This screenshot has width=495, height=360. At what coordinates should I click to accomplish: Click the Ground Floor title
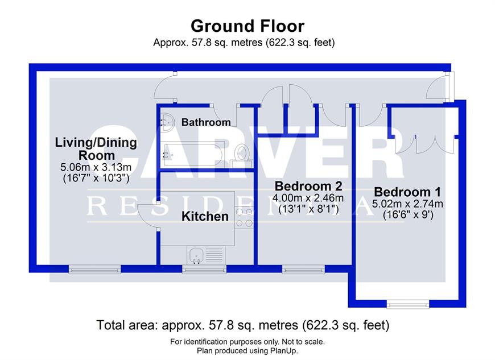click(x=247, y=26)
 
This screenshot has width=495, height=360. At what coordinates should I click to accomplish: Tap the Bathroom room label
click(x=206, y=122)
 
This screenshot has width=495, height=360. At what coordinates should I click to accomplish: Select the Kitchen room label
click(x=205, y=217)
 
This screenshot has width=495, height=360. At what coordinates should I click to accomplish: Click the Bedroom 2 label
click(x=308, y=186)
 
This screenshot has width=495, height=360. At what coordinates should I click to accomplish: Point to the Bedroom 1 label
click(x=407, y=192)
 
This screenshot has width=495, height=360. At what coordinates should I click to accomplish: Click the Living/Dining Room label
click(x=96, y=148)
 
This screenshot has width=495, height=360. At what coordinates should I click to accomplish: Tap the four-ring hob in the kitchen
click(x=244, y=218)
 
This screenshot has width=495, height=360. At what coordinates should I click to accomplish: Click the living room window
click(x=94, y=269)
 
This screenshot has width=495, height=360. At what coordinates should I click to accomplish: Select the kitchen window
click(x=204, y=269)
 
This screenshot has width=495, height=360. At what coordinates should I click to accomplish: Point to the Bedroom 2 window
click(x=303, y=269)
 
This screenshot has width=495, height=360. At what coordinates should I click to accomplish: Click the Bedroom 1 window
click(x=408, y=304)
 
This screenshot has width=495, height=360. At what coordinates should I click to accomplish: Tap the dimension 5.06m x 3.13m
click(x=96, y=167)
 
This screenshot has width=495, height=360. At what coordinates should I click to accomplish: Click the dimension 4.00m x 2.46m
click(x=308, y=198)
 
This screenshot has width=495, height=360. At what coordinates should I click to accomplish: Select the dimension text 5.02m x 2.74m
click(x=407, y=204)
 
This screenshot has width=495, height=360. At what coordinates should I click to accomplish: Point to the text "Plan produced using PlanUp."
click(x=247, y=351)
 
